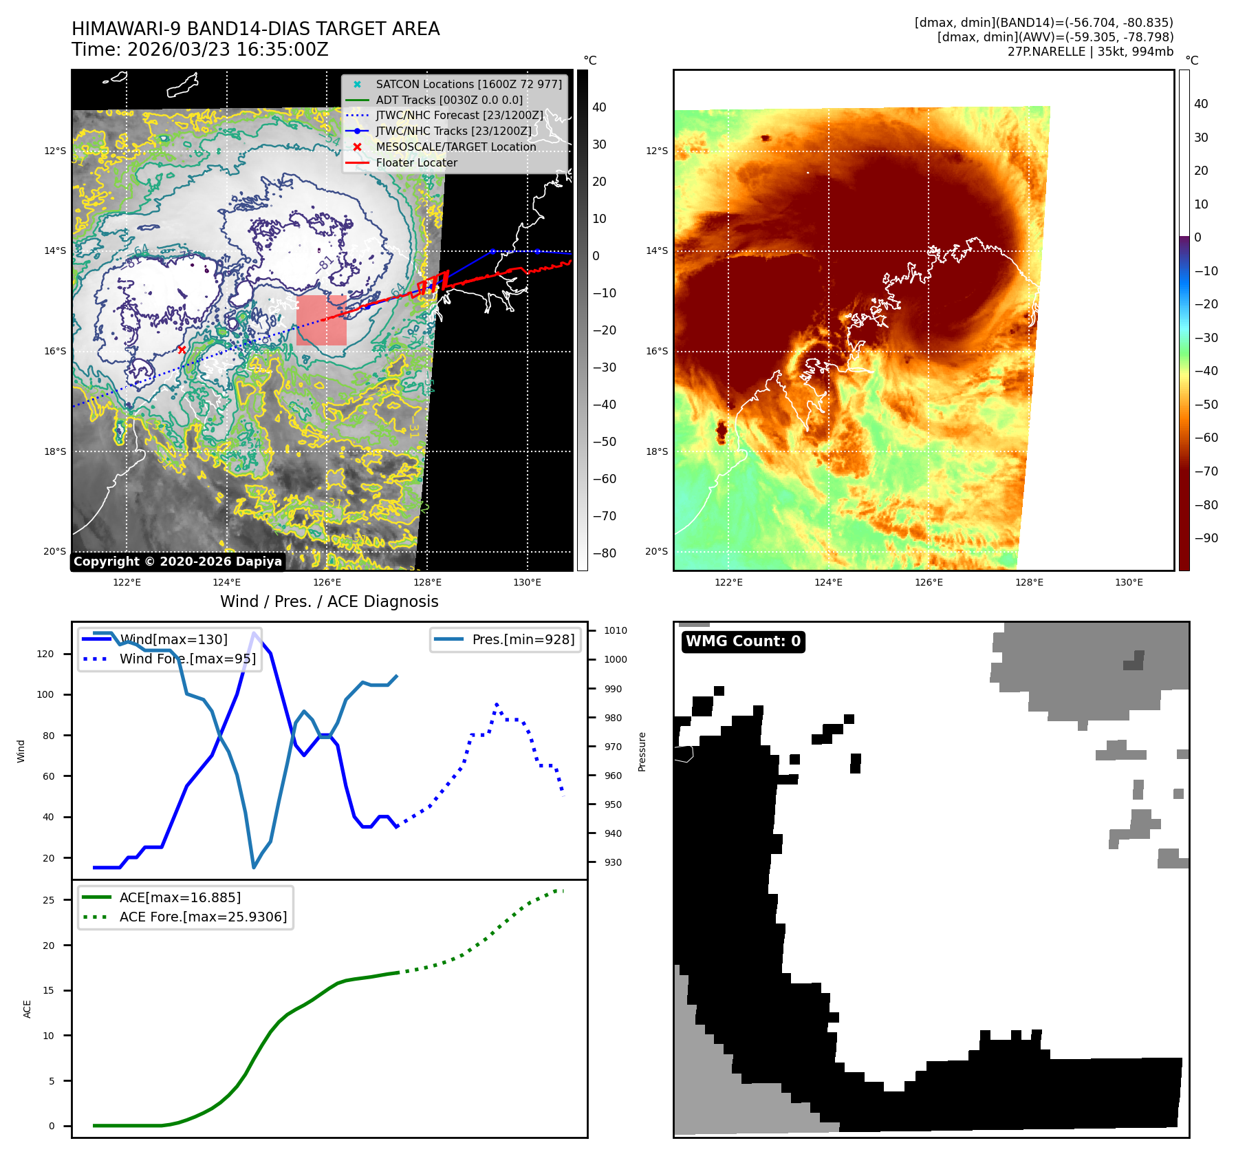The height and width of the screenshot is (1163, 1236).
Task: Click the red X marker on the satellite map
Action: click(x=182, y=350)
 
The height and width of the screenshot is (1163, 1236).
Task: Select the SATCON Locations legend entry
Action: click(x=468, y=84)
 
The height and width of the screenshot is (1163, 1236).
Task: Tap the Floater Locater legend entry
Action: click(x=416, y=162)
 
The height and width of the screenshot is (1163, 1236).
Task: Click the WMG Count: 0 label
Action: click(x=743, y=641)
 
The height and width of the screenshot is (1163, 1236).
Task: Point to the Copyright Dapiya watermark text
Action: click(x=177, y=562)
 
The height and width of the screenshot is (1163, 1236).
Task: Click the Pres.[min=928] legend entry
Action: click(x=523, y=639)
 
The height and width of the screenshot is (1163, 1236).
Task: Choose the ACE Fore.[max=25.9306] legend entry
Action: click(x=203, y=917)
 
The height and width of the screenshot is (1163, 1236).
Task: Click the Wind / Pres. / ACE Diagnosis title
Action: click(x=329, y=601)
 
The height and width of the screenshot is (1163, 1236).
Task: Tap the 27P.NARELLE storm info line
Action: click(x=1090, y=52)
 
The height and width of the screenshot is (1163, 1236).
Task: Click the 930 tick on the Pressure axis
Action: click(x=616, y=862)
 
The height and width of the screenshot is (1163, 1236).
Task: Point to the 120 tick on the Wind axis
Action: click(x=45, y=654)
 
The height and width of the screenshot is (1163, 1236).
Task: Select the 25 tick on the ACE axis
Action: click(x=49, y=900)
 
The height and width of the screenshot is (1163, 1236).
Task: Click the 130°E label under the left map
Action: click(x=527, y=582)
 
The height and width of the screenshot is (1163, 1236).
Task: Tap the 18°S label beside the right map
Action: click(x=656, y=451)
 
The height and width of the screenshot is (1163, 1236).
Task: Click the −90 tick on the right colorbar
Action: click(x=1206, y=538)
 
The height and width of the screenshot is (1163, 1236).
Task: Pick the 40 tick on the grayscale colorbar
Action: click(x=599, y=107)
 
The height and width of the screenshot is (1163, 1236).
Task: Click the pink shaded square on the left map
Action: click(x=321, y=320)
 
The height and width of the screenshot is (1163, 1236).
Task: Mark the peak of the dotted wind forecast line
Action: click(x=497, y=705)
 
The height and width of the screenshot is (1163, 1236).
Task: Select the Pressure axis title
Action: click(x=642, y=751)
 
